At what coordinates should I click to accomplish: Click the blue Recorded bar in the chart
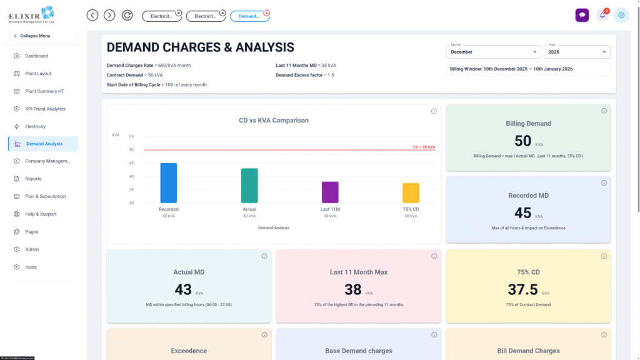click(x=169, y=183)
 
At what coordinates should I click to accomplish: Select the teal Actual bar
click(x=249, y=186)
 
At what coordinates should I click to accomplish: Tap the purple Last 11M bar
click(x=330, y=192)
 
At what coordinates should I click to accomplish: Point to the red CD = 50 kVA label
click(x=424, y=147)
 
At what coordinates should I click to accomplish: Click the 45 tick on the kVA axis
click(x=131, y=163)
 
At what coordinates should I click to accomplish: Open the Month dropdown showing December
click(x=494, y=52)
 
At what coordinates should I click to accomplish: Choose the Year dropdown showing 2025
click(x=577, y=52)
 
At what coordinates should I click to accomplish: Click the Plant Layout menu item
click(x=38, y=74)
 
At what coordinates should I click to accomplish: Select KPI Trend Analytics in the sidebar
click(x=45, y=109)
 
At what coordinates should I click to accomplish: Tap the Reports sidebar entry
click(x=33, y=179)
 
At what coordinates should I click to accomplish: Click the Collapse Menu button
click(x=42, y=36)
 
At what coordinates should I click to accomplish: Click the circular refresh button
click(x=127, y=15)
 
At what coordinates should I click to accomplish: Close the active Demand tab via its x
click(x=267, y=12)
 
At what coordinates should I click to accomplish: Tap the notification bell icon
click(x=602, y=16)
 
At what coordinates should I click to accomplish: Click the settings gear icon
click(x=621, y=16)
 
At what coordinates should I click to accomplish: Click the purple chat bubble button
click(x=582, y=16)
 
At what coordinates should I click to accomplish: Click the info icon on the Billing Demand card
click(x=604, y=111)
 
